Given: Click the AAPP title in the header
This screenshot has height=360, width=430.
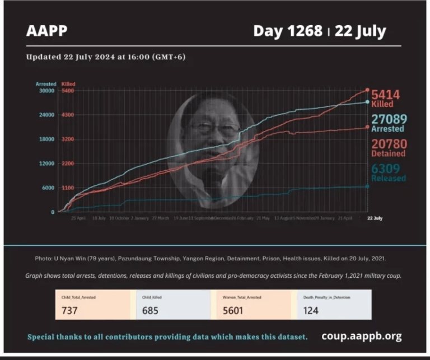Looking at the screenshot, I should pos(46,31).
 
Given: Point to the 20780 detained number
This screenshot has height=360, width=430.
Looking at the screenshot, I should pos(389,144).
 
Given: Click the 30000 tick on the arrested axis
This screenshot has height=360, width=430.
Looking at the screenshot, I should pos(46,91).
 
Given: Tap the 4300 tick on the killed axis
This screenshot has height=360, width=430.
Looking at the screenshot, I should pos(68,115).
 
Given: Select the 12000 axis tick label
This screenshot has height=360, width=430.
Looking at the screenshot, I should pos(46,163).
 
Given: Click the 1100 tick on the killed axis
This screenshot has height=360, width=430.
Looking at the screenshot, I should pos(68,188).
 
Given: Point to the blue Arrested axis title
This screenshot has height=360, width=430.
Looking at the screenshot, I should pos(46,84).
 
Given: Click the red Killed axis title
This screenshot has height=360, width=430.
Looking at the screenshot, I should pos(68,84).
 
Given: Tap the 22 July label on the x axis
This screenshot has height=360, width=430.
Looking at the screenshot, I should pos(375,217).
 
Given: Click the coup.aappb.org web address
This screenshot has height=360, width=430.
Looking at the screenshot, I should pos(361,336).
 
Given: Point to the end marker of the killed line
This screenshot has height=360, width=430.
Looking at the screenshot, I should pos(367,90).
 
